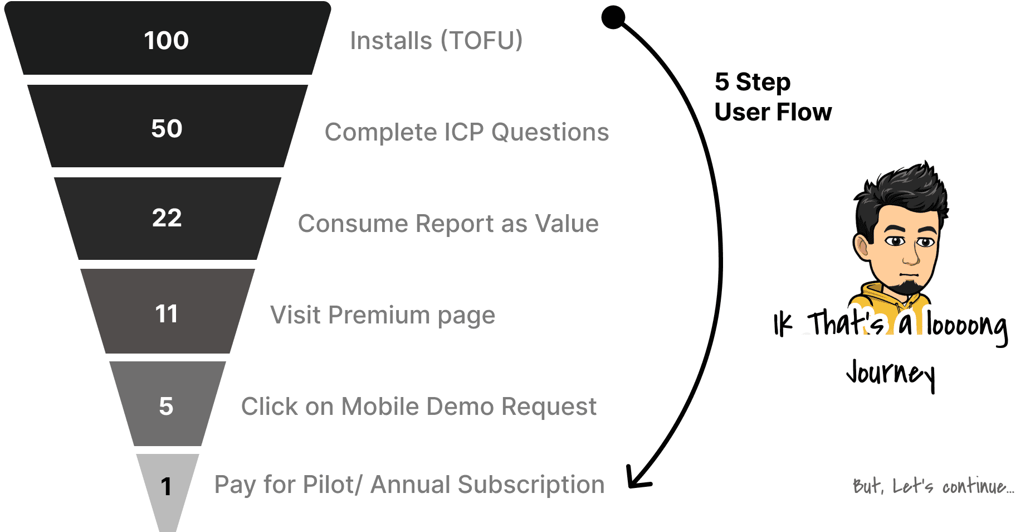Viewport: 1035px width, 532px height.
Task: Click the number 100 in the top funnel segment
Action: [167, 41]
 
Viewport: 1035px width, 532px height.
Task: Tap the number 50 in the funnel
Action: [167, 129]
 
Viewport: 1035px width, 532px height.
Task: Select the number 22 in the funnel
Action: [167, 217]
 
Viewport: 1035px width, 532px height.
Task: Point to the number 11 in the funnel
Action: [167, 314]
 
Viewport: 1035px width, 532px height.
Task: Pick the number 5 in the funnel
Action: [166, 406]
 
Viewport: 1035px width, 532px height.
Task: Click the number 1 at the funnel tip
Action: [166, 486]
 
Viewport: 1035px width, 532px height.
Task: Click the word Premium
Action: [379, 315]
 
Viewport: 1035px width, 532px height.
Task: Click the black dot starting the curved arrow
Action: [613, 17]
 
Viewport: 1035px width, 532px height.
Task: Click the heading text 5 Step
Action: [752, 82]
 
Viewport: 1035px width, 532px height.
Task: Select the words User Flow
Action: [773, 112]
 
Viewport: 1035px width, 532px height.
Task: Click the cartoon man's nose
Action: [910, 257]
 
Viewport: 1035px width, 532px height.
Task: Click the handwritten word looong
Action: [967, 326]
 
